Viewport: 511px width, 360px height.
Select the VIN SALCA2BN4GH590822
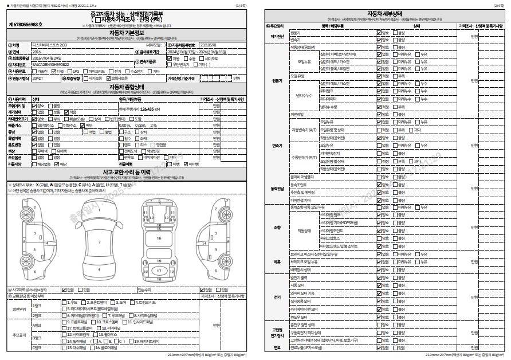[51, 65]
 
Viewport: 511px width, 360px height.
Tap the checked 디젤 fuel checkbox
[57, 72]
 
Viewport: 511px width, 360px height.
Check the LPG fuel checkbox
[71, 72]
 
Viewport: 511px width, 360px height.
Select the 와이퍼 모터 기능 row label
[303, 292]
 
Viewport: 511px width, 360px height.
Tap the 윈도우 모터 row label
[299, 316]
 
